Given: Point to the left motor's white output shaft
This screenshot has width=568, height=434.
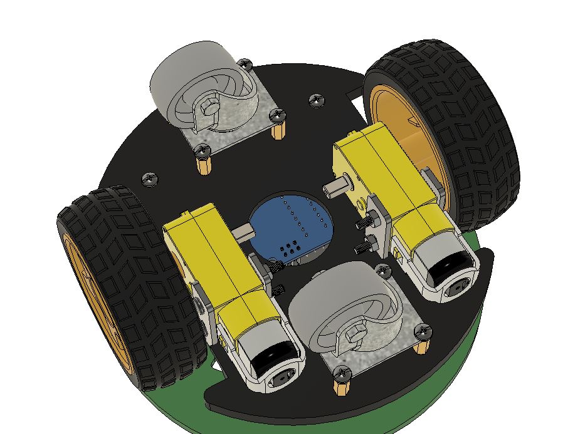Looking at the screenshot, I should pos(242,233).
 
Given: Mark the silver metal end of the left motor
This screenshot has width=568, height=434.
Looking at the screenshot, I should pos(270,363).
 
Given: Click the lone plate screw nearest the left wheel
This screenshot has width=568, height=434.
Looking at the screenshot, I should pos(150,178).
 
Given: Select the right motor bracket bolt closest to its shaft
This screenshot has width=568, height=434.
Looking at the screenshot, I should pos(363,224).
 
